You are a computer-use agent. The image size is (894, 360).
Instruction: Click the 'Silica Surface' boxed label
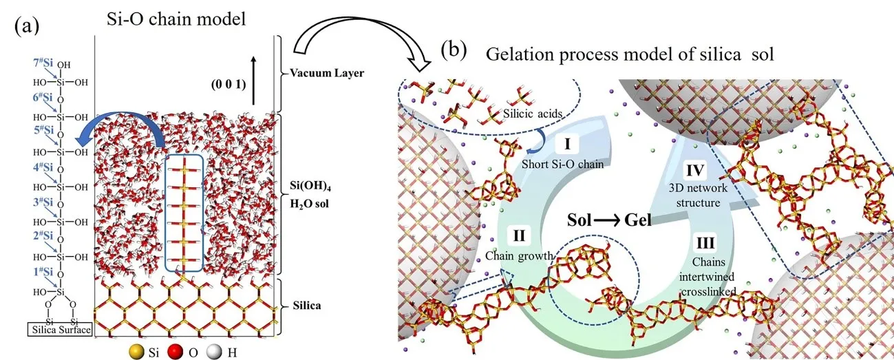tap(58, 330)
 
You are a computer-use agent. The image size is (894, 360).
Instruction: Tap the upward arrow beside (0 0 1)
tap(254, 85)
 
